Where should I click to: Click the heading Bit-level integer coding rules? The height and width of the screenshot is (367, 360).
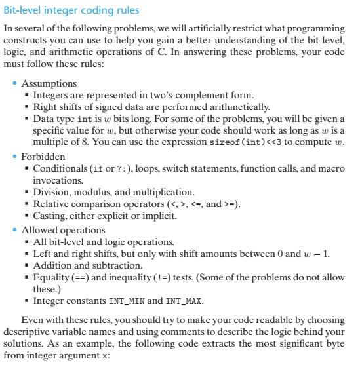click(71, 10)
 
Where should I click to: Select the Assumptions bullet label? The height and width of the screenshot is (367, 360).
click(49, 83)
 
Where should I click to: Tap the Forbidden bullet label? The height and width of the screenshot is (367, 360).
click(43, 157)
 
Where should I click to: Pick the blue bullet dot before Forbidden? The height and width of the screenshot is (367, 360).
click(16, 157)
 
